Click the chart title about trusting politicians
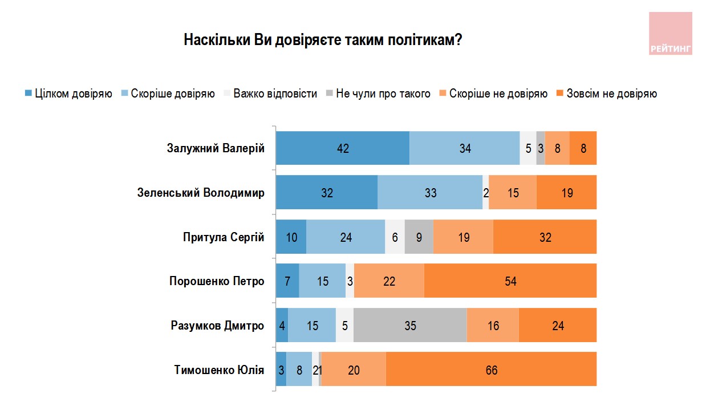(322, 40)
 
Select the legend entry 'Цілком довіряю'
(68, 94)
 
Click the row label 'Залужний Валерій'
(216, 148)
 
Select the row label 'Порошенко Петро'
(217, 281)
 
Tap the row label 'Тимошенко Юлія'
(219, 370)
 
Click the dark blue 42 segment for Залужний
(342, 148)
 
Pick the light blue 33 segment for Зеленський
(430, 193)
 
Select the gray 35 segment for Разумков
(410, 326)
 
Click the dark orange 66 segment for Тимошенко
(491, 370)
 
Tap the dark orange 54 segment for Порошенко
(510, 281)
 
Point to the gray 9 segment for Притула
(419, 237)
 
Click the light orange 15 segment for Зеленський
(512, 193)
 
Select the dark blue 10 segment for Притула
(291, 237)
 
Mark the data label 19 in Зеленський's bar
(566, 193)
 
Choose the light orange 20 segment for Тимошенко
(354, 370)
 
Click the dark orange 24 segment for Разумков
(558, 326)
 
